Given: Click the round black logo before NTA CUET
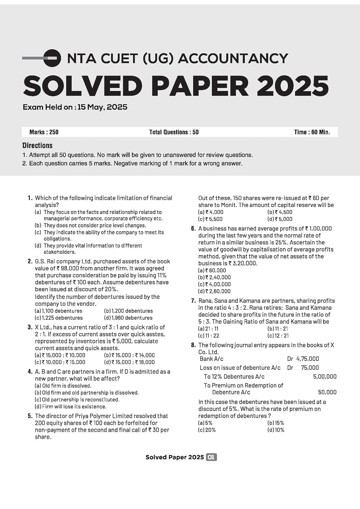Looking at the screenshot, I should click(x=53, y=58).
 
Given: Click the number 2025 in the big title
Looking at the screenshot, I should click(x=292, y=86).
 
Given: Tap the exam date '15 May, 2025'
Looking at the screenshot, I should click(x=102, y=107).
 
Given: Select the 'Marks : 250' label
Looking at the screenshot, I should click(x=44, y=132).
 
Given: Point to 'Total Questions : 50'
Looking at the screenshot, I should click(x=174, y=132).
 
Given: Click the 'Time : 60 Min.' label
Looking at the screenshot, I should click(x=312, y=132).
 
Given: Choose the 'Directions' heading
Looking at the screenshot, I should click(x=37, y=146).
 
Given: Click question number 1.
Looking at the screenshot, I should click(x=30, y=198).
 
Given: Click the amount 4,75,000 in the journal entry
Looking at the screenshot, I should click(x=307, y=359).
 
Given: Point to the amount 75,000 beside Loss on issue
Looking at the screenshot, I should click(x=310, y=367).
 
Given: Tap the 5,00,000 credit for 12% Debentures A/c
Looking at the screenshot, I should click(x=324, y=377).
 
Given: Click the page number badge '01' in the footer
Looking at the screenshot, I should click(x=211, y=457).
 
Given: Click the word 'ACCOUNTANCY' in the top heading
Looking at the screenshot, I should click(x=233, y=58).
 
